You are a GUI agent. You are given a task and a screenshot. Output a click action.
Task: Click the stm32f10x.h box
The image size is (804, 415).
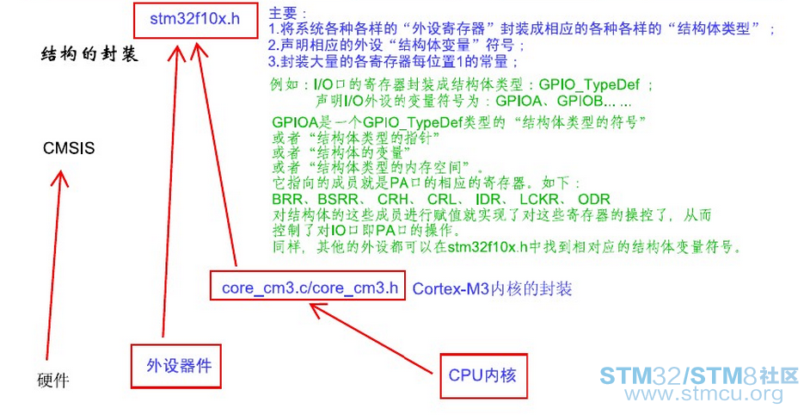pyautogui.click(x=195, y=19)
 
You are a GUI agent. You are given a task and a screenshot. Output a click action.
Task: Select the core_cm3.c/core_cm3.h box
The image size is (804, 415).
pyautogui.click(x=308, y=285)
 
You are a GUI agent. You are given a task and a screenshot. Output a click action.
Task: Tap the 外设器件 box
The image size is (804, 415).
pyautogui.click(x=176, y=366)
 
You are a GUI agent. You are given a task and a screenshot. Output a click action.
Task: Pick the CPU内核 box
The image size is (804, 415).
pyautogui.click(x=483, y=375)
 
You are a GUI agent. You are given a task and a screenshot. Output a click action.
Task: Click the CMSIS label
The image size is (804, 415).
pyautogui.click(x=69, y=148)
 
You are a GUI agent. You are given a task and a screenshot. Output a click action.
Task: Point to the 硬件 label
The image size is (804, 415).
pyautogui.click(x=52, y=381)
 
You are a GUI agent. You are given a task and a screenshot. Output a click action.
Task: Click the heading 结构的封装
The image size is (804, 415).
pyautogui.click(x=89, y=54)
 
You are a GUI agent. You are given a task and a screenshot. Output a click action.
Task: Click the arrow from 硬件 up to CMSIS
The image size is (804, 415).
pyautogui.click(x=55, y=265)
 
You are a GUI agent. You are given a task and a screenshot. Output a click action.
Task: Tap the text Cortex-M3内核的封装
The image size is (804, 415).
pyautogui.click(x=492, y=288)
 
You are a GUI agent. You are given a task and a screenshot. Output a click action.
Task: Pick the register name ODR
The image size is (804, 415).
pyautogui.click(x=594, y=199)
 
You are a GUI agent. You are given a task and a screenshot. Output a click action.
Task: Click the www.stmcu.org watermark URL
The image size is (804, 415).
pyautogui.click(x=703, y=394)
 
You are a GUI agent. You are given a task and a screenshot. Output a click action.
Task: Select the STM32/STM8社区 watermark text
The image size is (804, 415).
pyautogui.click(x=699, y=376)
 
